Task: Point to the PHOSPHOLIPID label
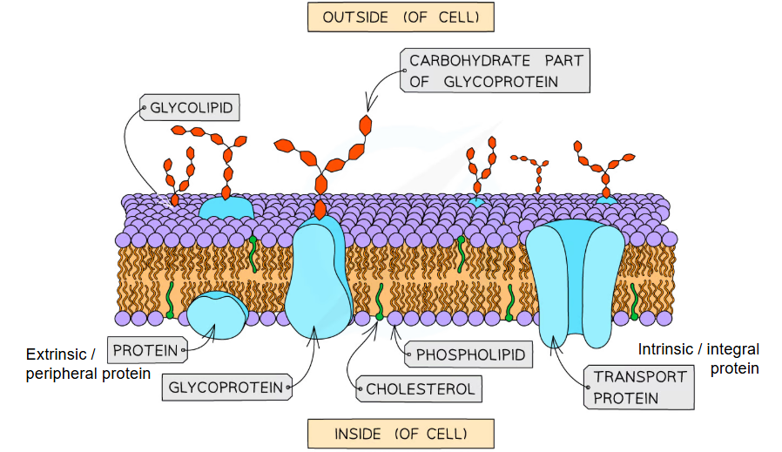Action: pyautogui.click(x=470, y=354)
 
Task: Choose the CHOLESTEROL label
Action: pyautogui.click(x=421, y=388)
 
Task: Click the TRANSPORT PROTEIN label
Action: pyautogui.click(x=640, y=388)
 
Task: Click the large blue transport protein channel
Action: pyautogui.click(x=574, y=279)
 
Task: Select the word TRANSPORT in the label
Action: pyautogui.click(x=640, y=377)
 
